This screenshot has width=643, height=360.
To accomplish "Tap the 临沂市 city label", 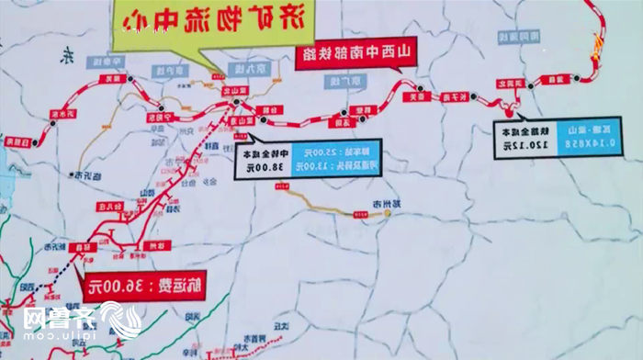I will coord(83,173).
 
